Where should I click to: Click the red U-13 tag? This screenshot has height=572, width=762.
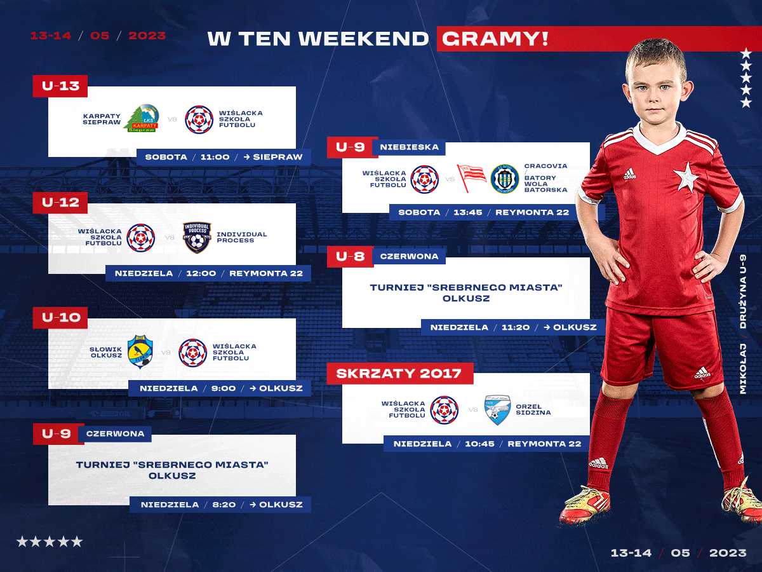tap(60, 86)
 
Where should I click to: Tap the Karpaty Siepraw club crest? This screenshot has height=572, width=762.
tap(142, 118)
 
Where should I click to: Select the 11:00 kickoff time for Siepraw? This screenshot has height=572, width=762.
tap(215, 157)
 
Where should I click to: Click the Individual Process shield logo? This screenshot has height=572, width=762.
tap(197, 237)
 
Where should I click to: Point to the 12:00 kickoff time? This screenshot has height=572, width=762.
tap(201, 273)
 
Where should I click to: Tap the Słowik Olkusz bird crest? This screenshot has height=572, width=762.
tap(140, 351)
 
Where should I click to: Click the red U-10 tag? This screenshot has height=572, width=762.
tap(60, 317)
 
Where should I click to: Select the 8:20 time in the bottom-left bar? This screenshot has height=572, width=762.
tap(224, 505)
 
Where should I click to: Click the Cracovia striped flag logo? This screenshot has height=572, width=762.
tap(471, 179)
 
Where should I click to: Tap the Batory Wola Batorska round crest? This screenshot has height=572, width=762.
tap(504, 179)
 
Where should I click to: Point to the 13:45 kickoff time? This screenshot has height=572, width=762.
tap(467, 212)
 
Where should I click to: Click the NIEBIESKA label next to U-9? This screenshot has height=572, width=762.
tap(410, 147)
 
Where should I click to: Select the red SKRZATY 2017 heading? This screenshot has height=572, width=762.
tap(400, 374)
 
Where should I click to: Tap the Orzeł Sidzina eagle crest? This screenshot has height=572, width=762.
tap(497, 410)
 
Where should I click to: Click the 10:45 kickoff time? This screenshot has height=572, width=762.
tap(479, 444)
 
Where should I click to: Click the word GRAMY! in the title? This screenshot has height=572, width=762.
tap(495, 39)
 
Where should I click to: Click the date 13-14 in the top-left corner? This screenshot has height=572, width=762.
tap(51, 36)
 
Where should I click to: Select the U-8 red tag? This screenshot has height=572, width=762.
tap(351, 257)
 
